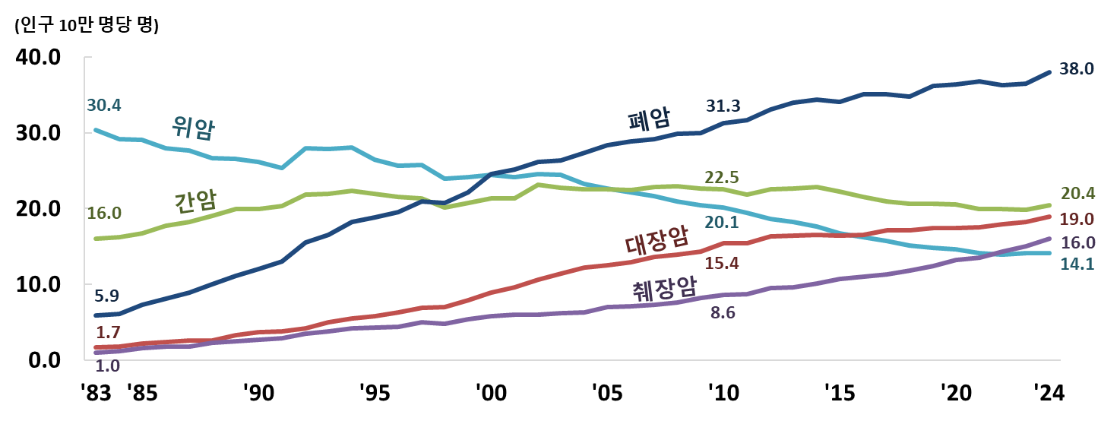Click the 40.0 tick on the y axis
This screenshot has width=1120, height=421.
pyautogui.click(x=40, y=58)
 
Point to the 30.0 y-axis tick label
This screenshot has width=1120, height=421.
pyautogui.click(x=40, y=134)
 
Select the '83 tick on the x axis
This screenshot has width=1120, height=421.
pyautogui.click(x=98, y=394)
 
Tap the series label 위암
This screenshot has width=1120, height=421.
pyautogui.click(x=194, y=128)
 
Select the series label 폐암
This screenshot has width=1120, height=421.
pyautogui.click(x=648, y=119)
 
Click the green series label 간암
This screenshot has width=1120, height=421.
pyautogui.click(x=195, y=201)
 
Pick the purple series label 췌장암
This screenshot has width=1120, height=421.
pyautogui.click(x=664, y=287)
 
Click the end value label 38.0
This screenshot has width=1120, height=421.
pyautogui.click(x=1076, y=68)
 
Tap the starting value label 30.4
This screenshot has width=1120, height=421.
pyautogui.click(x=104, y=105)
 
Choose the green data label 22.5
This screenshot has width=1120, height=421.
pyautogui.click(x=723, y=176)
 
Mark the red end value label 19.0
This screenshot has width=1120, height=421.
pyautogui.click(x=1076, y=219)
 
